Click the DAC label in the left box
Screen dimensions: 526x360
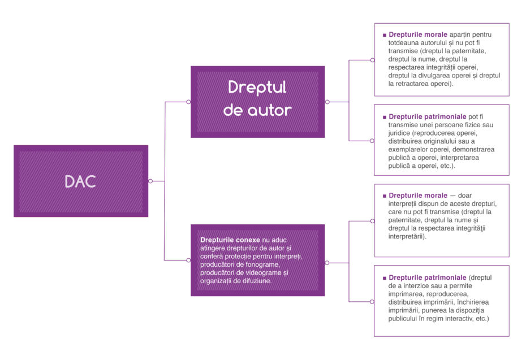[80, 181]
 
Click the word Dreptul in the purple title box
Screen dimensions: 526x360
[257, 88]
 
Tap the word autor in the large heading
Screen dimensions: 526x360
[269, 111]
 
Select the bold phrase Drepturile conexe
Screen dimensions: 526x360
[230, 240]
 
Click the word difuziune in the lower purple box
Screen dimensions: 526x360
[257, 281]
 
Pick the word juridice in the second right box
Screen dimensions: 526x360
[399, 133]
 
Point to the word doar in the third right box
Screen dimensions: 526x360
[464, 196]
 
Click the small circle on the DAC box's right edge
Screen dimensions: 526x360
[150, 181]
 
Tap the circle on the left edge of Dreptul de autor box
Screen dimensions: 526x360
[188, 102]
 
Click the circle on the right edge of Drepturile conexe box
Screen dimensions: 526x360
[327, 263]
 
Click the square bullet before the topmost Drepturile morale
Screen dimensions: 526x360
[385, 35]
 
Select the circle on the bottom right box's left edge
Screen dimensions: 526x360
[372, 302]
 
